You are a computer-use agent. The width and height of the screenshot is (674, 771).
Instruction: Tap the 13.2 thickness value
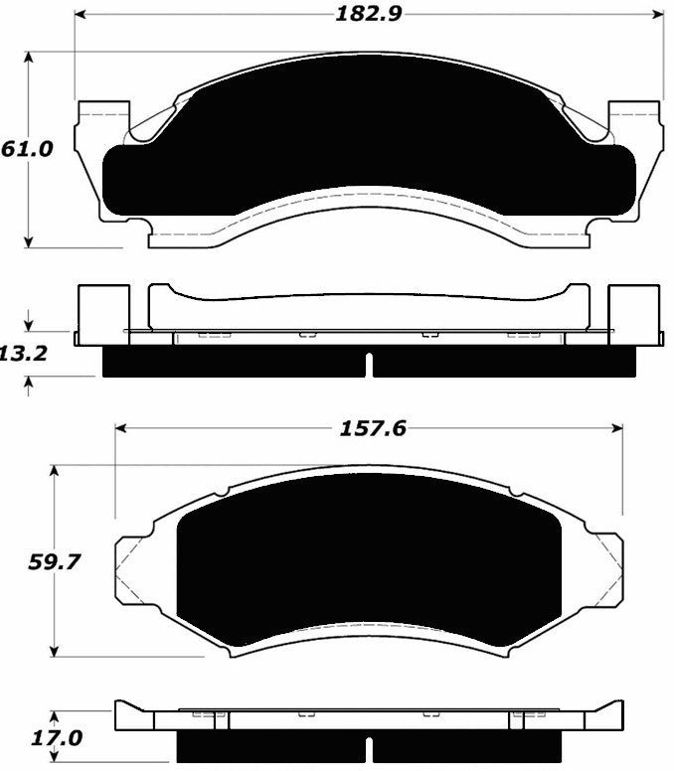(24, 353)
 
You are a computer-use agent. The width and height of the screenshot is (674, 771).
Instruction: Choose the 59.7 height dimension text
(52, 561)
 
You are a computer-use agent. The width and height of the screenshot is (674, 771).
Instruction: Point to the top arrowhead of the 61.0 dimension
(30, 59)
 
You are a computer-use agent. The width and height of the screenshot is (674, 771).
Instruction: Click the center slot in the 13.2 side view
(369, 365)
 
